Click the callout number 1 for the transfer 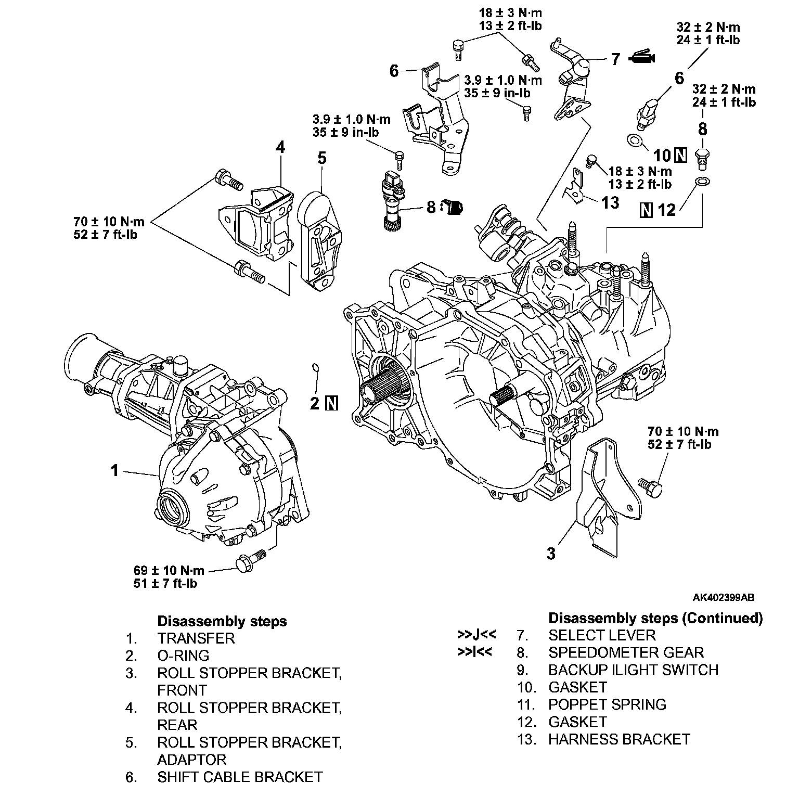pos(114,471)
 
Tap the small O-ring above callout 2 pos(315,368)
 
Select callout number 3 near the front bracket pos(551,553)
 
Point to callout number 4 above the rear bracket pos(280,147)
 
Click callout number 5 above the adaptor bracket pos(322,158)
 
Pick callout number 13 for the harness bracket pos(610,202)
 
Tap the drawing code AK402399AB pos(723,597)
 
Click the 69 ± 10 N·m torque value pos(169,570)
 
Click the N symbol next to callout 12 pos(647,210)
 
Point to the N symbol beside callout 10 pos(680,155)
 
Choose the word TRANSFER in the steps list pos(196,638)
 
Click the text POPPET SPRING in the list pos(607,704)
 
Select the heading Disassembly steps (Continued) pos(655,618)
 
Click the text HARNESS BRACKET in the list pos(619,739)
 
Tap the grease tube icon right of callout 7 pos(643,58)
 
